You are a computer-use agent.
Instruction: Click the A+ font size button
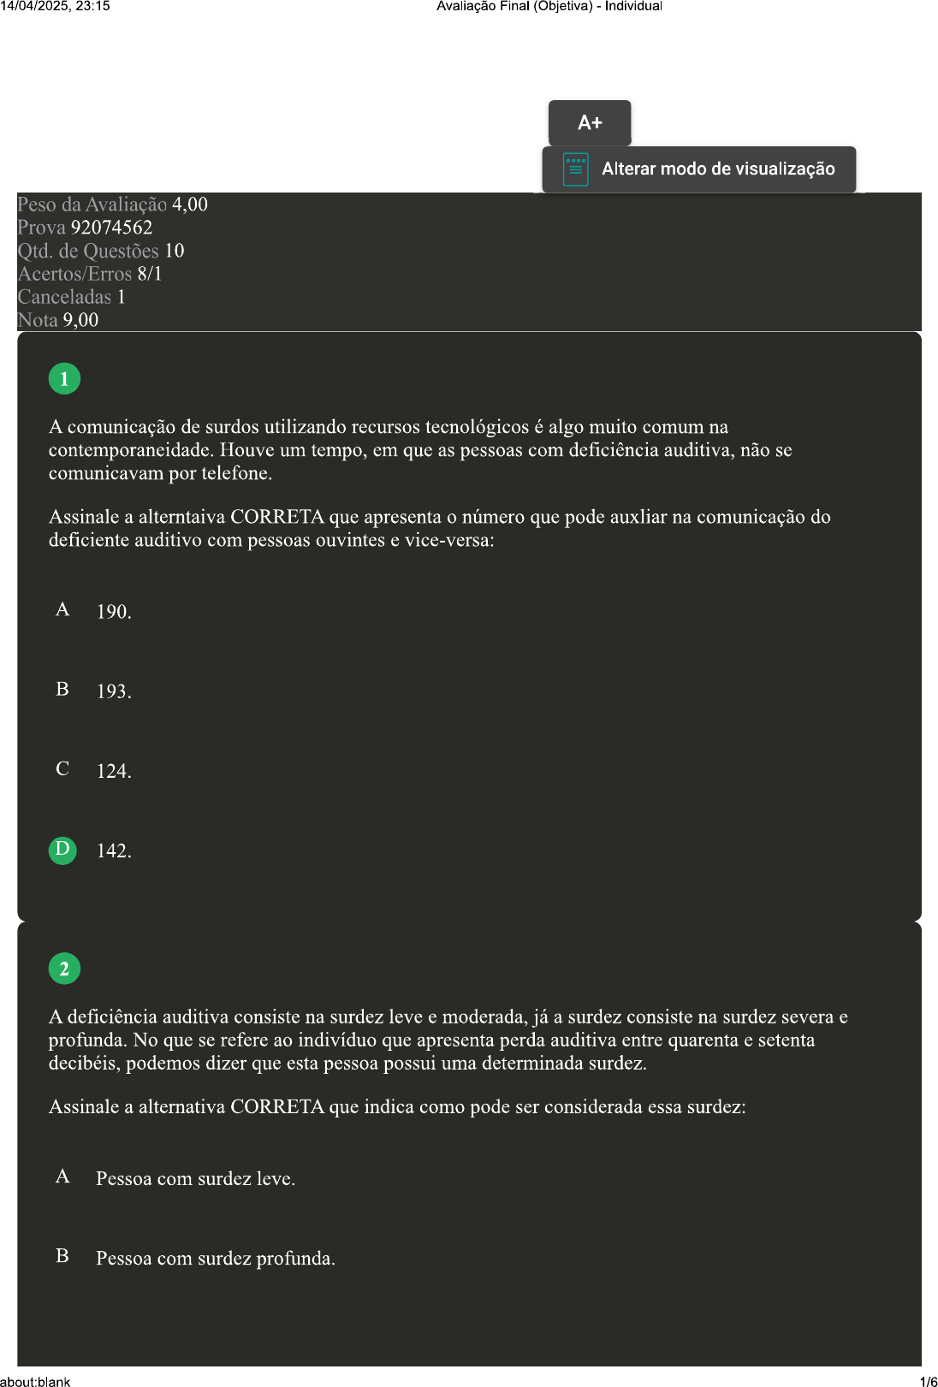(590, 122)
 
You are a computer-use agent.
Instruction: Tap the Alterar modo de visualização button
(698, 169)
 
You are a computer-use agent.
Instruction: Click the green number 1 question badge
(64, 378)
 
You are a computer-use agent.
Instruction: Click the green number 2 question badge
(64, 969)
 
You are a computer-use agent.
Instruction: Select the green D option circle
(62, 850)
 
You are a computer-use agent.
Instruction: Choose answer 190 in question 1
(113, 612)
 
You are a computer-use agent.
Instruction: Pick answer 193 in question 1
(113, 691)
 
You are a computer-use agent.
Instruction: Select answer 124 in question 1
(113, 771)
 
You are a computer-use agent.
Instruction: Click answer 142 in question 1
(113, 851)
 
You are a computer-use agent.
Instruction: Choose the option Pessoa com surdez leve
(195, 1179)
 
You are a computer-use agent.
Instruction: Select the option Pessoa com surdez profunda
(215, 1259)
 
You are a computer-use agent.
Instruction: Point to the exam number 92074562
(111, 228)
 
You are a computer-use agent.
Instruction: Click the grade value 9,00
(80, 320)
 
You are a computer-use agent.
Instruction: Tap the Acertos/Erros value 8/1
(150, 274)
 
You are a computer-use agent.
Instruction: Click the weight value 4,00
(190, 204)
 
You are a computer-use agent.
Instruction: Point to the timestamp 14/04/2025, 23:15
(55, 6)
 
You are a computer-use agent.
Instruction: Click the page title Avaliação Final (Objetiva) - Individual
(549, 6)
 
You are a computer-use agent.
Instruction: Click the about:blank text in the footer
(35, 1381)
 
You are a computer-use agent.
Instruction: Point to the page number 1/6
(928, 1381)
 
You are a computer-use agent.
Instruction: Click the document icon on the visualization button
(575, 169)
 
